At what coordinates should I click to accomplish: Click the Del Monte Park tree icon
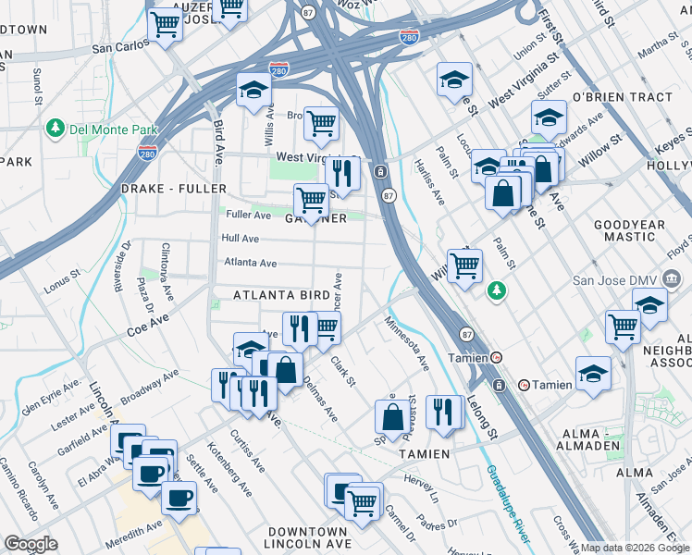tap(55, 126)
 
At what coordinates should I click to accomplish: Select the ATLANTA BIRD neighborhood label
tap(281, 295)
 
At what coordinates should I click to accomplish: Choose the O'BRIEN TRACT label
tap(623, 97)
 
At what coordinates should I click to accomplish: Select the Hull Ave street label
tap(240, 238)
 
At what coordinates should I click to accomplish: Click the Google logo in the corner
tap(31, 544)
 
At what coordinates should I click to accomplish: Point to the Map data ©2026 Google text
tap(635, 548)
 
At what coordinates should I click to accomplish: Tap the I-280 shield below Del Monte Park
tap(146, 153)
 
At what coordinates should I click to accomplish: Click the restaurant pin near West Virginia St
tap(342, 172)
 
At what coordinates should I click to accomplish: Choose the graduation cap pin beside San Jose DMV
tap(650, 304)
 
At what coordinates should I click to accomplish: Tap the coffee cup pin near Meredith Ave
tap(179, 497)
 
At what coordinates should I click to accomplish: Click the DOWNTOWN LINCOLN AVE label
tap(307, 539)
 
